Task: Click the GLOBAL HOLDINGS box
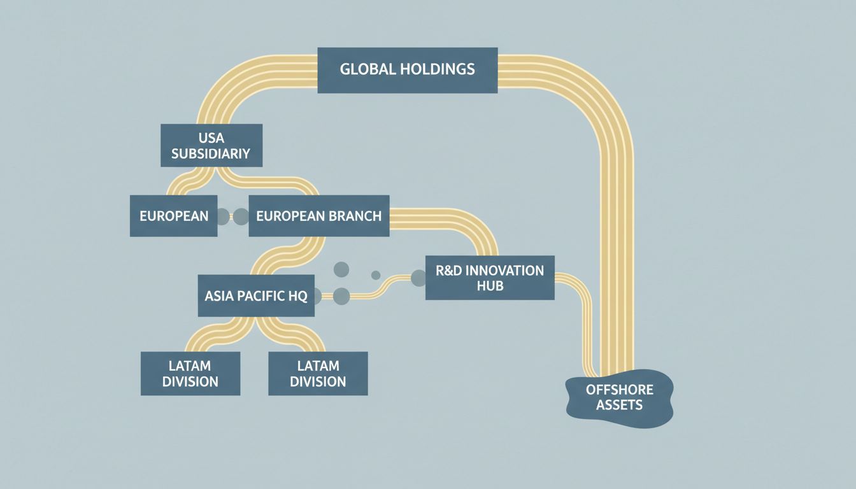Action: [407, 69]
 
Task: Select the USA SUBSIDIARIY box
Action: [211, 145]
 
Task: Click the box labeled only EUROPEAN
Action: [173, 216]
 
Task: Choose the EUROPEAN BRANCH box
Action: [318, 216]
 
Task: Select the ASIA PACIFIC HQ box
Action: [256, 295]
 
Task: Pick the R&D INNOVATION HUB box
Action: [489, 278]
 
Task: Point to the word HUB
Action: [490, 286]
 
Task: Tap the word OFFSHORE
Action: [619, 389]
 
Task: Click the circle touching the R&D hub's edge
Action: [418, 278]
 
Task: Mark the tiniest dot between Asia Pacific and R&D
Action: [376, 275]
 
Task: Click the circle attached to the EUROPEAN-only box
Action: [222, 216]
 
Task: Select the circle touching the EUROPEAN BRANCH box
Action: [241, 216]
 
